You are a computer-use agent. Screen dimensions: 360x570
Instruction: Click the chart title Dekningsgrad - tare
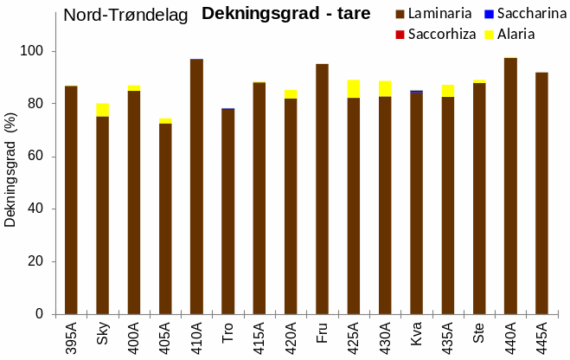click(285, 14)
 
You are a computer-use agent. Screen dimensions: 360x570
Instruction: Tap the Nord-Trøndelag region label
click(125, 15)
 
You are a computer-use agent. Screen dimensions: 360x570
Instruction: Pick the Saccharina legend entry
click(519, 14)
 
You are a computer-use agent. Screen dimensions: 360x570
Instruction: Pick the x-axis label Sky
click(102, 332)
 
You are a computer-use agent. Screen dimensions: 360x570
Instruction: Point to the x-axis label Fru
click(322, 332)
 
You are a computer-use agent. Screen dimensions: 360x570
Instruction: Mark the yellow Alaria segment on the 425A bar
click(354, 88)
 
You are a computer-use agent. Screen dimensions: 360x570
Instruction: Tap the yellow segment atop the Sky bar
click(102, 110)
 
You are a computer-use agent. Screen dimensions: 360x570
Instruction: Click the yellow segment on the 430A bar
click(385, 88)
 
